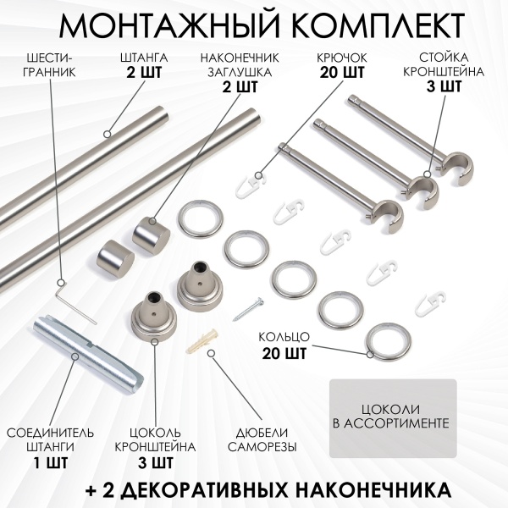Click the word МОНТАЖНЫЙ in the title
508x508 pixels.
click(x=156, y=25)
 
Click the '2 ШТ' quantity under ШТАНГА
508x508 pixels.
click(x=143, y=72)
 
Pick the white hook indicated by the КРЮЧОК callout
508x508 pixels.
click(x=251, y=181)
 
